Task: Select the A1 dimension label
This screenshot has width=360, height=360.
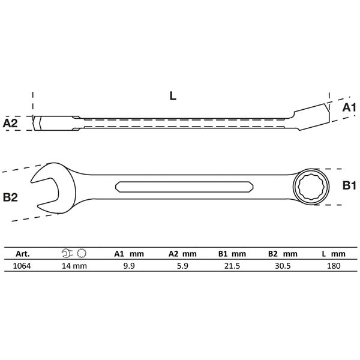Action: pyautogui.click(x=349, y=107)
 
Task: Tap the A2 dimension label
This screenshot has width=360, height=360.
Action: pyautogui.click(x=10, y=123)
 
